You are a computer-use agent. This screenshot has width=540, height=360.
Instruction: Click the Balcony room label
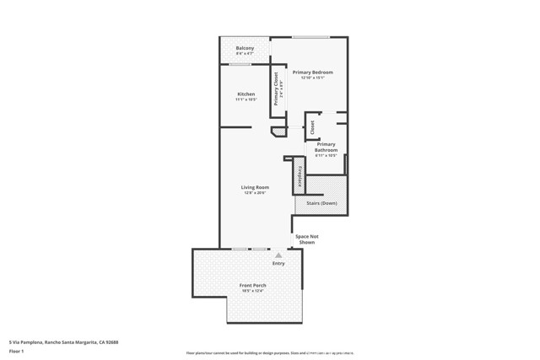[246, 48]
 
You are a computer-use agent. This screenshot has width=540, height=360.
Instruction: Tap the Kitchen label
[246, 94]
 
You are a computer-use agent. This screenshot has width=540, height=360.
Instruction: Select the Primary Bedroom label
[313, 73]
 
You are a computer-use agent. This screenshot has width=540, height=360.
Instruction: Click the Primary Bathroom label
[327, 147]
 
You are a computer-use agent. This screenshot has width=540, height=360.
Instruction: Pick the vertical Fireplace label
[300, 176]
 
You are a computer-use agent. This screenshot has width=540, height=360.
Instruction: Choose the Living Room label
[255, 187]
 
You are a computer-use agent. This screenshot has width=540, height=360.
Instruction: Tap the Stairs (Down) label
[321, 203]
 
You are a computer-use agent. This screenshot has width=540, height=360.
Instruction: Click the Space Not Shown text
[306, 239]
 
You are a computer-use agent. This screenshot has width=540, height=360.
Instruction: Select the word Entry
[278, 263]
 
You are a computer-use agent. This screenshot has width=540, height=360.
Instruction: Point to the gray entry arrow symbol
[278, 255]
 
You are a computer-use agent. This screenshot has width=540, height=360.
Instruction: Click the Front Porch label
[253, 285]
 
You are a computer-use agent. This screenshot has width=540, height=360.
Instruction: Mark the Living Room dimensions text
[255, 193]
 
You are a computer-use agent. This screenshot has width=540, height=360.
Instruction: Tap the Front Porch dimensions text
[253, 291]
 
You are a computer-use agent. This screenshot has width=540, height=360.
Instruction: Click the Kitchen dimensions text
[246, 99]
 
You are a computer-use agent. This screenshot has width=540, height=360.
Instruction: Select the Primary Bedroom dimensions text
[313, 78]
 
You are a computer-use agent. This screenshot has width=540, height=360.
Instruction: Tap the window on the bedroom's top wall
[310, 37]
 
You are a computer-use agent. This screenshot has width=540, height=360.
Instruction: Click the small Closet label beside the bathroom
[312, 127]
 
